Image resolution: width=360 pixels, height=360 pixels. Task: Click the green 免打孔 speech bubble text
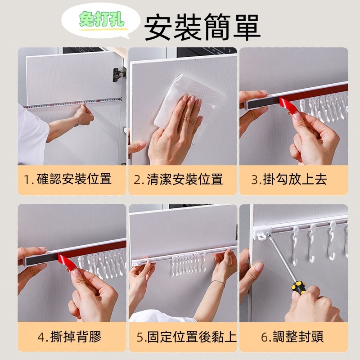(x=101, y=19)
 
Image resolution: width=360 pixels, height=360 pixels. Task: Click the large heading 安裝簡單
(x=202, y=27)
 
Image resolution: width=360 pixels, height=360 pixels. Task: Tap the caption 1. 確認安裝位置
(x=68, y=179)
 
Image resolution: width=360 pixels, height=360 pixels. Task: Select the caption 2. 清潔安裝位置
(x=178, y=179)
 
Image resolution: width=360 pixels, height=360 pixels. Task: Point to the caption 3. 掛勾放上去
(x=289, y=179)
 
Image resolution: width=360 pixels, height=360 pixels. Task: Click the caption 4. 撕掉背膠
(x=70, y=337)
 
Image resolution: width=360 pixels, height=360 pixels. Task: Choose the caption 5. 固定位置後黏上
(x=186, y=337)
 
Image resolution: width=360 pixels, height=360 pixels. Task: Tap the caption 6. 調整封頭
(x=292, y=337)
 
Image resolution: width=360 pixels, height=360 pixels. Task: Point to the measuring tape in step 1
(x=73, y=103)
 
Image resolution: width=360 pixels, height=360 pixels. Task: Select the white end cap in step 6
(x=262, y=232)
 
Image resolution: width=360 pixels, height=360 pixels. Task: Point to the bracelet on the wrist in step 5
(x=217, y=283)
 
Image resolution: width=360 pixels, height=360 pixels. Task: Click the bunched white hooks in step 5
(x=188, y=265)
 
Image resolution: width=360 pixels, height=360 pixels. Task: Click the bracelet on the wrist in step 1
(x=76, y=121)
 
